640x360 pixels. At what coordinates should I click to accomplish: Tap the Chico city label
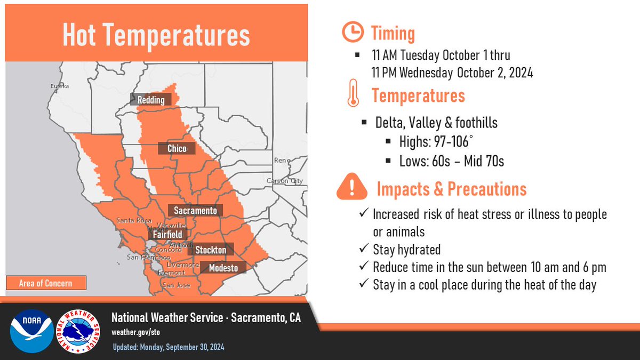177,149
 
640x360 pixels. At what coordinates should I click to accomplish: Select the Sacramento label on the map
195,211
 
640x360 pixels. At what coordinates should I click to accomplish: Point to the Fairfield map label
167,234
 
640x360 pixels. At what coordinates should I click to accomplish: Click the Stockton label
211,250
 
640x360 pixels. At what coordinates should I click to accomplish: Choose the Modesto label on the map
223,268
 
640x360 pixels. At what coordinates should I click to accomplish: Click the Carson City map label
285,181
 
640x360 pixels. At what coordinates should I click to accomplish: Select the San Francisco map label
141,257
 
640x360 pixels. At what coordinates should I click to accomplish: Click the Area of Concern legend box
46,283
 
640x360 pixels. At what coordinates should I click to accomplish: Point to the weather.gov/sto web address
135,332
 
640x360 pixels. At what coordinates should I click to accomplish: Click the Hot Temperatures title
156,35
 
